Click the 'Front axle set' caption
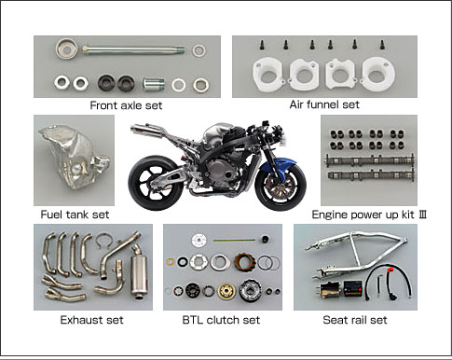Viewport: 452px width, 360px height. [x=126, y=105]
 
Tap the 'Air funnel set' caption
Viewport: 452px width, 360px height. [x=324, y=104]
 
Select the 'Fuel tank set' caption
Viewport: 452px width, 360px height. [x=75, y=215]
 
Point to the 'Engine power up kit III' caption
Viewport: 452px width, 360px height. [x=369, y=215]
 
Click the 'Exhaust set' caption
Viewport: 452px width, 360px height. [x=91, y=320]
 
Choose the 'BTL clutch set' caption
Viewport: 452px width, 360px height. [x=221, y=320]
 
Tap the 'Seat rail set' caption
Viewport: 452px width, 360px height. [x=355, y=320]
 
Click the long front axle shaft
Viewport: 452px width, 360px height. [x=133, y=49]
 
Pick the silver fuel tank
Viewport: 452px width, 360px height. [x=73, y=159]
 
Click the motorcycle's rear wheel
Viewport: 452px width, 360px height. [x=153, y=182]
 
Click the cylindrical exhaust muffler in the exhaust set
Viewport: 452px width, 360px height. [x=139, y=272]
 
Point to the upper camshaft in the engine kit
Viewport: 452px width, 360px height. [x=369, y=159]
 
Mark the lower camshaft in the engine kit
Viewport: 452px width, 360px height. [x=371, y=175]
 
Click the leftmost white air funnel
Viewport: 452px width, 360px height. [x=267, y=75]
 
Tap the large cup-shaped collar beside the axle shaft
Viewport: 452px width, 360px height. [x=67, y=48]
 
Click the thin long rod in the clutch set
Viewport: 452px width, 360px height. [x=234, y=240]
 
